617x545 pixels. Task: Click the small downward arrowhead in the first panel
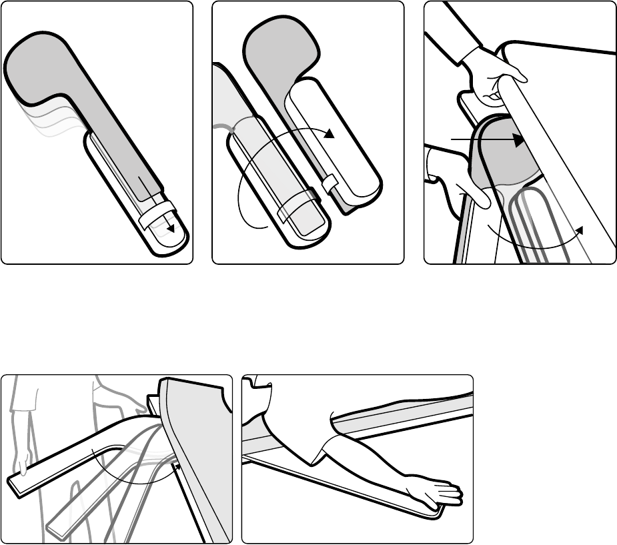coord(171,228)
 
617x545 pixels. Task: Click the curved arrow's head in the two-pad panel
coord(329,135)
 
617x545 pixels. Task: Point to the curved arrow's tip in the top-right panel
coord(580,230)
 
